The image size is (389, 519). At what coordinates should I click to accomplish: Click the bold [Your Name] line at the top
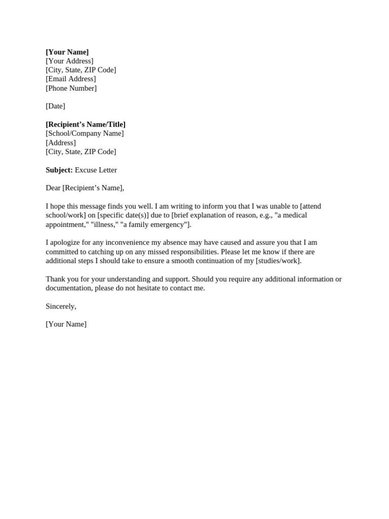pyautogui.click(x=67, y=52)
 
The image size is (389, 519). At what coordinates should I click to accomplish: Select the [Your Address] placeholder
pyautogui.click(x=69, y=61)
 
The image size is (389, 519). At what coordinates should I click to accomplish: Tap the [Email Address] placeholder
pyautogui.click(x=70, y=79)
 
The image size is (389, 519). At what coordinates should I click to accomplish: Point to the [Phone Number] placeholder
pyautogui.click(x=71, y=88)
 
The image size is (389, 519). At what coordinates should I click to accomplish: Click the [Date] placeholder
pyautogui.click(x=55, y=106)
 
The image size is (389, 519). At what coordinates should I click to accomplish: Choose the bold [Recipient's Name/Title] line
pyautogui.click(x=86, y=124)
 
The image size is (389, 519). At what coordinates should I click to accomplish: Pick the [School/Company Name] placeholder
pyautogui.click(x=85, y=133)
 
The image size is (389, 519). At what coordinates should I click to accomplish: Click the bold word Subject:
pyautogui.click(x=59, y=170)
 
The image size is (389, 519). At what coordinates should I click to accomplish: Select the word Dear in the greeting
pyautogui.click(x=53, y=188)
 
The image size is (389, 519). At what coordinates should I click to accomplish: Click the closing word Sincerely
pyautogui.click(x=60, y=306)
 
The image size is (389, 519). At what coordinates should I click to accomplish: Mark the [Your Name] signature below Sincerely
pyautogui.click(x=66, y=324)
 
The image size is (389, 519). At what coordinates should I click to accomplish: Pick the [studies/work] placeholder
pyautogui.click(x=278, y=261)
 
